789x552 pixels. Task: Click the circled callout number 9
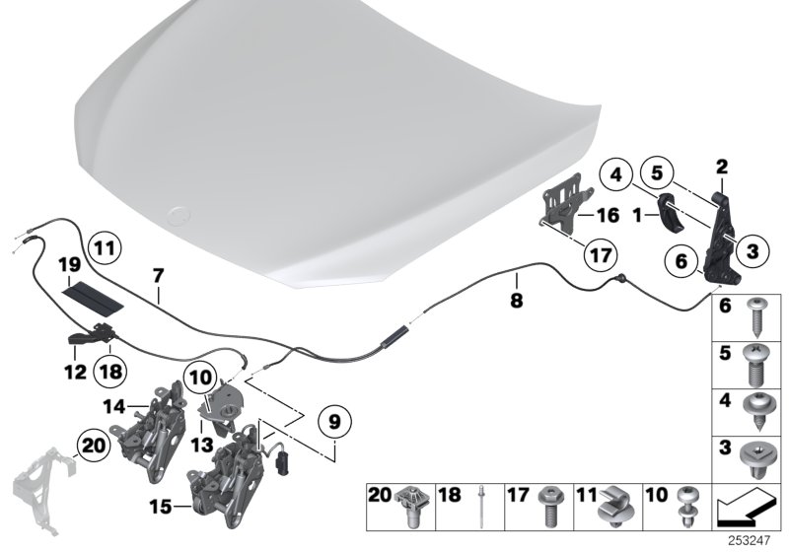pos(334,422)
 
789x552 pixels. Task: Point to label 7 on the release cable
pos(157,276)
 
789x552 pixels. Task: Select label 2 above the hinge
pos(722,167)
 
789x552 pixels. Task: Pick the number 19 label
pos(68,264)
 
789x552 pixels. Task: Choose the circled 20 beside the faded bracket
pos(95,446)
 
